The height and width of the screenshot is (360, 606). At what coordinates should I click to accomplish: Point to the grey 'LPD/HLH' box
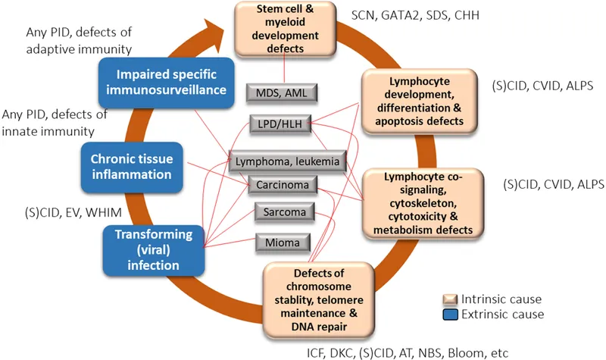282,124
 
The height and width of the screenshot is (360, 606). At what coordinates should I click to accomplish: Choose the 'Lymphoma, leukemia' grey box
288,161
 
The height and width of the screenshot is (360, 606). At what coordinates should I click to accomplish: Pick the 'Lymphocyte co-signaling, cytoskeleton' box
419,201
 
